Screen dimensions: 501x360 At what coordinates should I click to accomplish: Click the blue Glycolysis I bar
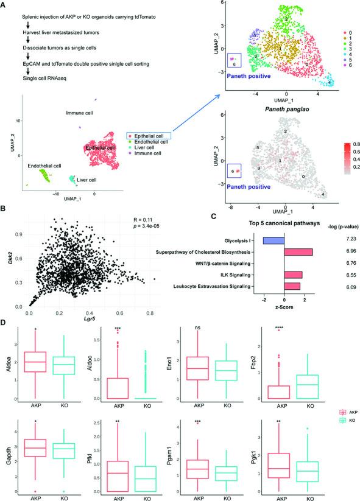point(274,241)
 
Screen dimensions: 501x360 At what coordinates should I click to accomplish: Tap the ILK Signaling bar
point(293,275)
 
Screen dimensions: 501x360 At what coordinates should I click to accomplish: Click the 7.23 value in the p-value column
point(339,242)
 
